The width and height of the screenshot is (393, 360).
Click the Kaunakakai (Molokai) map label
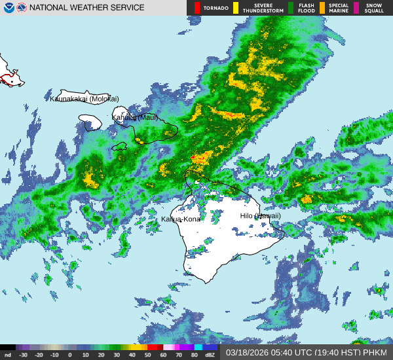point(84,99)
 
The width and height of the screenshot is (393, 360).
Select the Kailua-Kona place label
point(181,219)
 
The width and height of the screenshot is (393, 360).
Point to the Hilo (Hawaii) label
point(260,216)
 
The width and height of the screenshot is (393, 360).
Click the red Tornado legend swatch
point(197,8)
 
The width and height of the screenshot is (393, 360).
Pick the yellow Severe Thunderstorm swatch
point(236,8)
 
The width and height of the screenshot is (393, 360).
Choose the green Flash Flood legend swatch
point(291,8)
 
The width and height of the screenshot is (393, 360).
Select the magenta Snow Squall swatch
point(356,8)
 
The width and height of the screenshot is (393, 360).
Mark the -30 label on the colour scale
point(24,355)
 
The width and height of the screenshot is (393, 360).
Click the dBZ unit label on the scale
point(210,355)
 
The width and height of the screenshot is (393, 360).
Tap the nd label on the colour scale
point(7,355)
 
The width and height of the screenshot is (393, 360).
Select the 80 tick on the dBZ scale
point(195,355)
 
